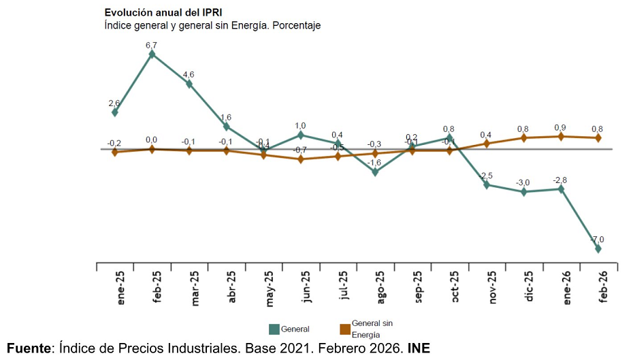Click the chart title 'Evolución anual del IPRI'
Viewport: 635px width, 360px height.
pyautogui.click(x=163, y=12)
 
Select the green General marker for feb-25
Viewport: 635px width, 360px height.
pyautogui.click(x=152, y=54)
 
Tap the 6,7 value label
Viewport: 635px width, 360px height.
pyautogui.click(x=151, y=44)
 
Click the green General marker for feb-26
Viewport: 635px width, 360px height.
pyautogui.click(x=598, y=249)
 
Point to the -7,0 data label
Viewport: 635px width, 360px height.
pyautogui.click(x=597, y=240)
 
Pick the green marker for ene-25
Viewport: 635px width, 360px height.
pyautogui.click(x=114, y=112)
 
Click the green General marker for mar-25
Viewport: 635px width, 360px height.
pyautogui.click(x=189, y=84)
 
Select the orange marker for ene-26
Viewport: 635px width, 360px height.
pyautogui.click(x=561, y=136)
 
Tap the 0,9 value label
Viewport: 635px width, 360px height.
pyautogui.click(x=560, y=127)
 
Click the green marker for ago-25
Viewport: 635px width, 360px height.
pyautogui.click(x=375, y=172)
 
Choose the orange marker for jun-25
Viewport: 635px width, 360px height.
pyautogui.click(x=300, y=159)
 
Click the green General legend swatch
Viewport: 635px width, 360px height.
pyautogui.click(x=274, y=329)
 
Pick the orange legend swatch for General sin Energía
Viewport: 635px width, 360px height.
pyautogui.click(x=345, y=329)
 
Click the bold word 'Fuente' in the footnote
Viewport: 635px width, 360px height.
pyautogui.click(x=29, y=348)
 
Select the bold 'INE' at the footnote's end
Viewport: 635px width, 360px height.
pyautogui.click(x=419, y=348)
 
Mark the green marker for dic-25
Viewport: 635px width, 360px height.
pyautogui.click(x=523, y=192)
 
